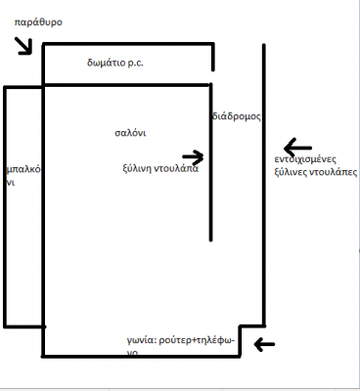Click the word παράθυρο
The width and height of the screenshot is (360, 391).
38,20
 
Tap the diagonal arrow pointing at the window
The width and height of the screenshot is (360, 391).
24,44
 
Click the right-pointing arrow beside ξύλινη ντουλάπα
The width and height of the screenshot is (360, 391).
193,156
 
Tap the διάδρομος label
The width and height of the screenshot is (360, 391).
236,116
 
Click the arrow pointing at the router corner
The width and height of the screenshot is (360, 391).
264,343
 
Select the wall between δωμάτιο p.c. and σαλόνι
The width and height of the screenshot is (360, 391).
127,85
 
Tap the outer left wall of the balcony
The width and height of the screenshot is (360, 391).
6,205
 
